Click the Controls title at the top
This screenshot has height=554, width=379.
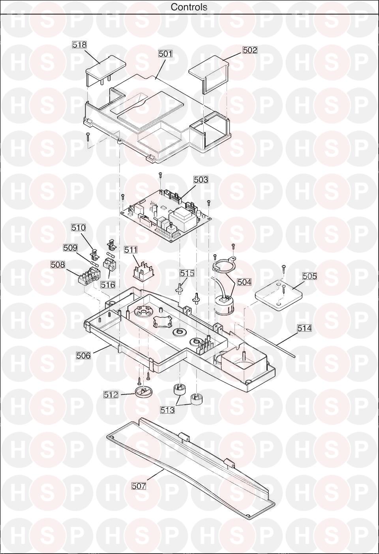pyautogui.click(x=189, y=7)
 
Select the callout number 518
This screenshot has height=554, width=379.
pyautogui.click(x=79, y=45)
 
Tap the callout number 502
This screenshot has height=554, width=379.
pyautogui.click(x=250, y=50)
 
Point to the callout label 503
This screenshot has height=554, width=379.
pyautogui.click(x=201, y=179)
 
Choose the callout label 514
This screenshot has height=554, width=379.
pyautogui.click(x=304, y=328)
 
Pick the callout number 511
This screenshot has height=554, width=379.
pyautogui.click(x=131, y=250)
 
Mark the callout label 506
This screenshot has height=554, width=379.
pyautogui.click(x=83, y=356)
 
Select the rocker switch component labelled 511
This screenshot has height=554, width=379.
pyautogui.click(x=142, y=270)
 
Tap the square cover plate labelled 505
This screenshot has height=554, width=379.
pyautogui.click(x=279, y=297)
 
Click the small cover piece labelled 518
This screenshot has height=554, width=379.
pyautogui.click(x=105, y=67)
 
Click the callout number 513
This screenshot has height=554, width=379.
pyautogui.click(x=167, y=410)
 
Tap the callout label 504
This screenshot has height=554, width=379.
pyautogui.click(x=244, y=282)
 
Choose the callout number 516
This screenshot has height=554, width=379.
pyautogui.click(x=108, y=285)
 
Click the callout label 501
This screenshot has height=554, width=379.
pyautogui.click(x=165, y=54)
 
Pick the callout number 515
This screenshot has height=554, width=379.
pyautogui.click(x=187, y=273)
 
